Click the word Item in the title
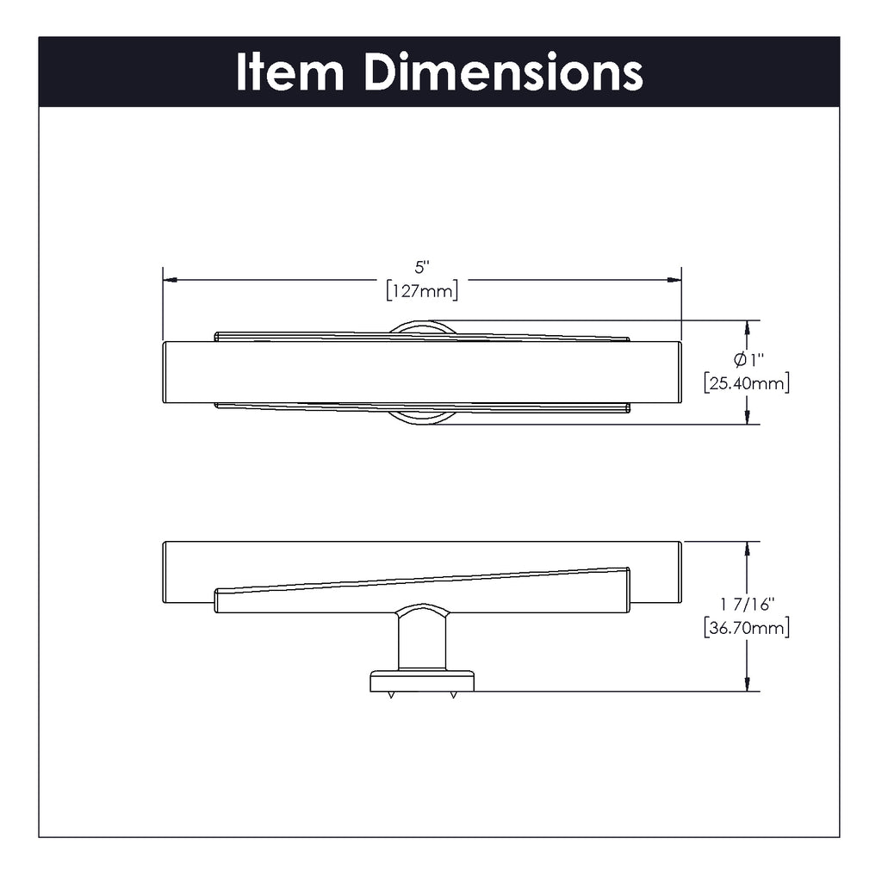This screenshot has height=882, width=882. (x=289, y=72)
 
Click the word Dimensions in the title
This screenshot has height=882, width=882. (x=503, y=72)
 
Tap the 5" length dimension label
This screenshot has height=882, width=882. (x=422, y=267)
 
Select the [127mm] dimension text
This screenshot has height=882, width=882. (x=422, y=291)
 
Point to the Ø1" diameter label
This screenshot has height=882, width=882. (x=748, y=359)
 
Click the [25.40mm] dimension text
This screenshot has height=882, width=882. (x=747, y=383)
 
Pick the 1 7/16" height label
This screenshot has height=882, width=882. (x=747, y=604)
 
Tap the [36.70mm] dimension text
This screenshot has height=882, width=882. (x=747, y=628)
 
